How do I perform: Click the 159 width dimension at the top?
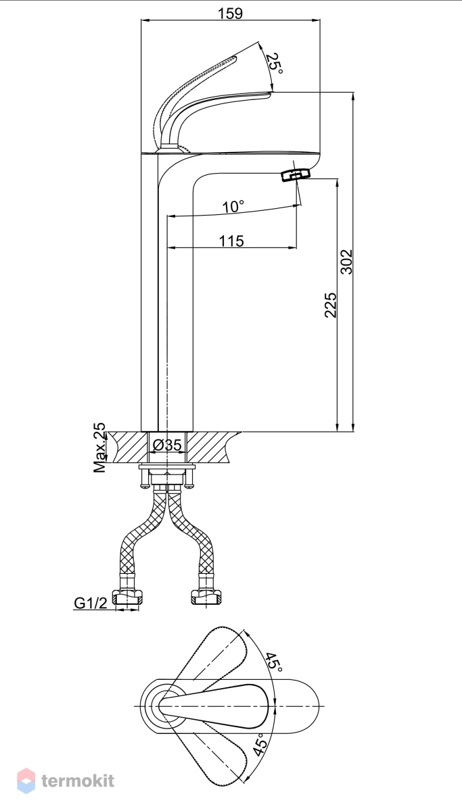(230, 14)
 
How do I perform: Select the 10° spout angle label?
(233, 207)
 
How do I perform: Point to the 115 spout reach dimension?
(231, 241)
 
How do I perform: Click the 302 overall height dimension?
(346, 262)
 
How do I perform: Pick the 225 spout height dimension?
(330, 305)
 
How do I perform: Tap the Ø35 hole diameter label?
(167, 445)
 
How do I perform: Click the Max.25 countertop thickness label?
(99, 447)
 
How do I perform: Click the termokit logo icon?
(26, 781)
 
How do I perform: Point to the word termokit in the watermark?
(78, 781)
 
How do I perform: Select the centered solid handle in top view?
(214, 706)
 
